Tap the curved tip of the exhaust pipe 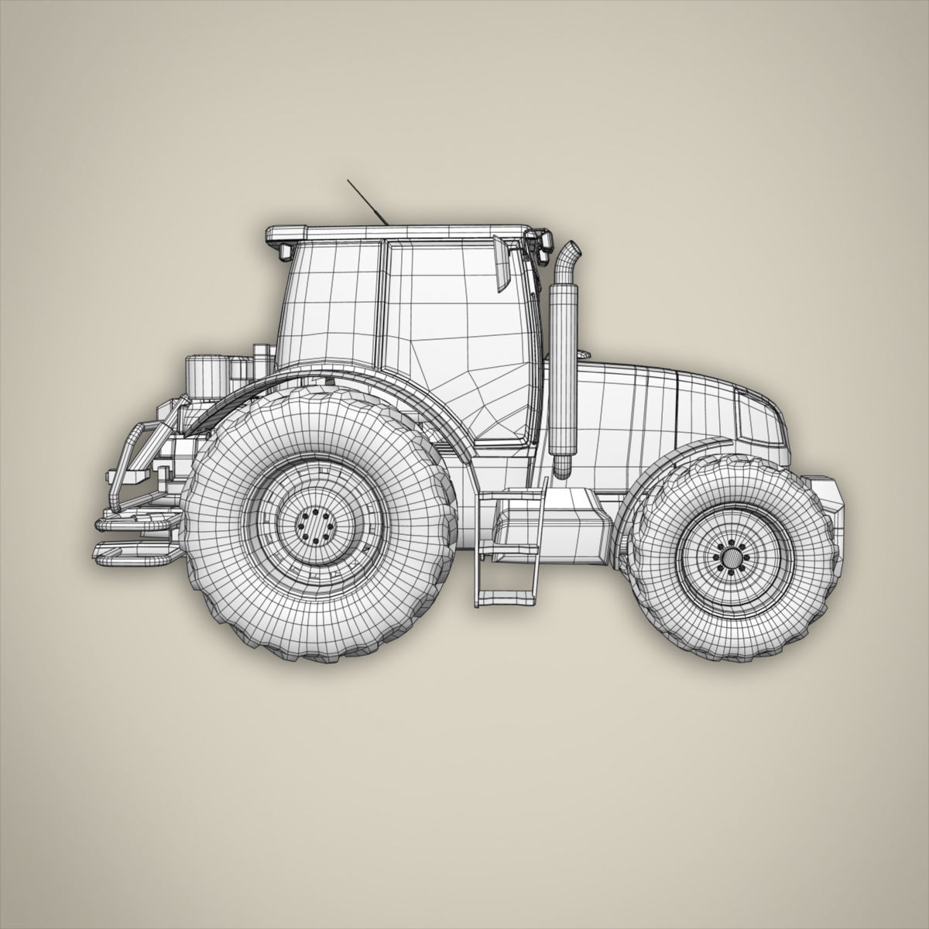(571, 252)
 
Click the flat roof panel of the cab (399, 231)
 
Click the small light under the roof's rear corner (283, 251)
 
